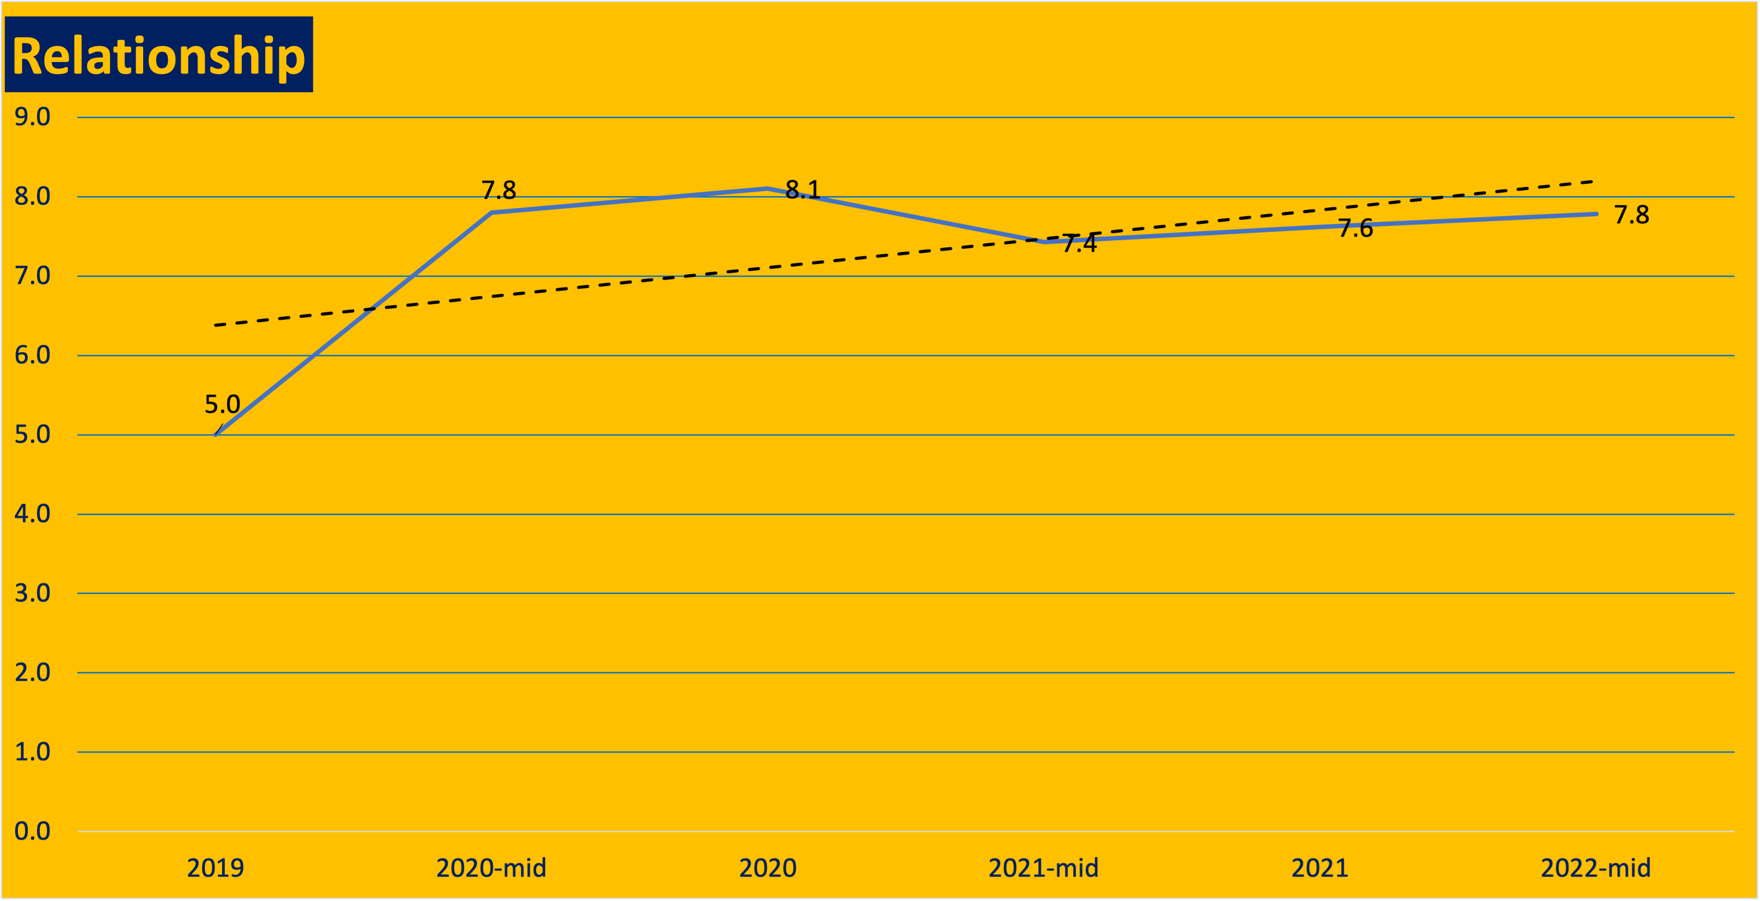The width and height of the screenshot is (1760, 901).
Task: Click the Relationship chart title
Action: click(158, 55)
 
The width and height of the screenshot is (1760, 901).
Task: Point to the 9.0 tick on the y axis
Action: click(32, 117)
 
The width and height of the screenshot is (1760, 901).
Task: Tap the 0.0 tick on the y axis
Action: click(32, 831)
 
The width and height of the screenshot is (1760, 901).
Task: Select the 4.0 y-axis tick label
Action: click(32, 514)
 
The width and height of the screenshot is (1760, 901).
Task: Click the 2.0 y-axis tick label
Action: click(32, 673)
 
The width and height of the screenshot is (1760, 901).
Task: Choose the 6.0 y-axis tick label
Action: click(32, 355)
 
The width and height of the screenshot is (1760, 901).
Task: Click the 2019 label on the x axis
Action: click(215, 868)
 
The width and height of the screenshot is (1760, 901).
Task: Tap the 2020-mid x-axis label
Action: click(491, 868)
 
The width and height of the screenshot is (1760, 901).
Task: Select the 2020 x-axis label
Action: click(768, 868)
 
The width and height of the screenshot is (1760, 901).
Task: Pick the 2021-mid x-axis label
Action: click(1043, 868)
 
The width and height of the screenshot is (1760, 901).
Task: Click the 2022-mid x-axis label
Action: click(1595, 868)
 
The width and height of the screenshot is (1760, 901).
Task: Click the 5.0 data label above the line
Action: click(222, 404)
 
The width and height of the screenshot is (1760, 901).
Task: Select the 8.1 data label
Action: click(803, 189)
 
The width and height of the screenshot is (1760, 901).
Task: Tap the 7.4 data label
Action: click(1079, 243)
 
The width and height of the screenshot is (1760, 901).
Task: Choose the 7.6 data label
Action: click(1355, 228)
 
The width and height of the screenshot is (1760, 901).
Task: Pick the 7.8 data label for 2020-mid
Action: click(499, 190)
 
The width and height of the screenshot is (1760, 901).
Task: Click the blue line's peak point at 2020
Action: click(768, 189)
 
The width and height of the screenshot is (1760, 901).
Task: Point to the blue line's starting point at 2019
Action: click(216, 434)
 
